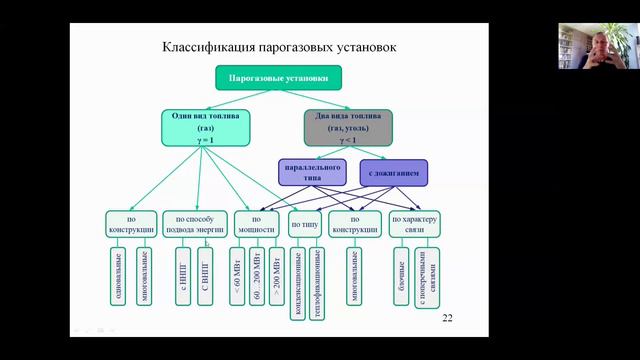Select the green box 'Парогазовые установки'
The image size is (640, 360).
pyautogui.click(x=278, y=77)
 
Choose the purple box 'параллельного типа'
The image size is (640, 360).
pyautogui.click(x=313, y=172)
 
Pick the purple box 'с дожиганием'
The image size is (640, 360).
pyautogui.click(x=393, y=172)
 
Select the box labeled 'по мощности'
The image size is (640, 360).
pyautogui.click(x=257, y=225)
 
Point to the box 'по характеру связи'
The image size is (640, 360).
pyautogui.click(x=415, y=225)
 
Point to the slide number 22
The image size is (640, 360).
pyautogui.click(x=447, y=318)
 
